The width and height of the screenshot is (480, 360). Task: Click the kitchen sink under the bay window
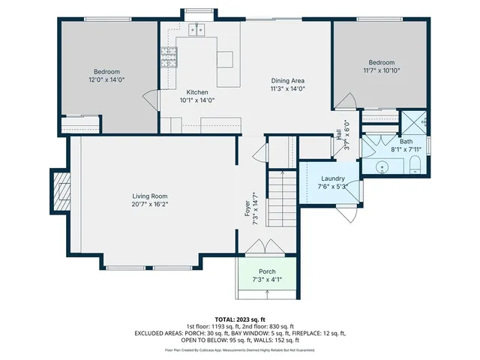[199, 30]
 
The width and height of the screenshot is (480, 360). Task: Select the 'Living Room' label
[148, 196]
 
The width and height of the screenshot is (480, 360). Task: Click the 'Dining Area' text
[288, 81]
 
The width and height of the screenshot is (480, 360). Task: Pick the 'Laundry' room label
[331, 178]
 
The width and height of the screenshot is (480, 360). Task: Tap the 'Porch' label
[267, 271]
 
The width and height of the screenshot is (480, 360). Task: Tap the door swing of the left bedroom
[151, 98]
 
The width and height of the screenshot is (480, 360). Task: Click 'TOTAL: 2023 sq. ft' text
[239, 319]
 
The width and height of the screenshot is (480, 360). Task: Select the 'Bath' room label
[406, 141]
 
